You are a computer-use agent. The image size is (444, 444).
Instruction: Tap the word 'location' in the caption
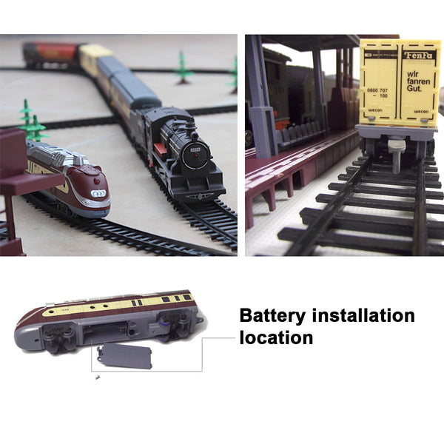(x=275, y=338)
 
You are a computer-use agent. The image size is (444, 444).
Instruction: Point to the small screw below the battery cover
(x=97, y=377)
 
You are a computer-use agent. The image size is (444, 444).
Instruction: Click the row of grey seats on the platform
(x=300, y=134)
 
